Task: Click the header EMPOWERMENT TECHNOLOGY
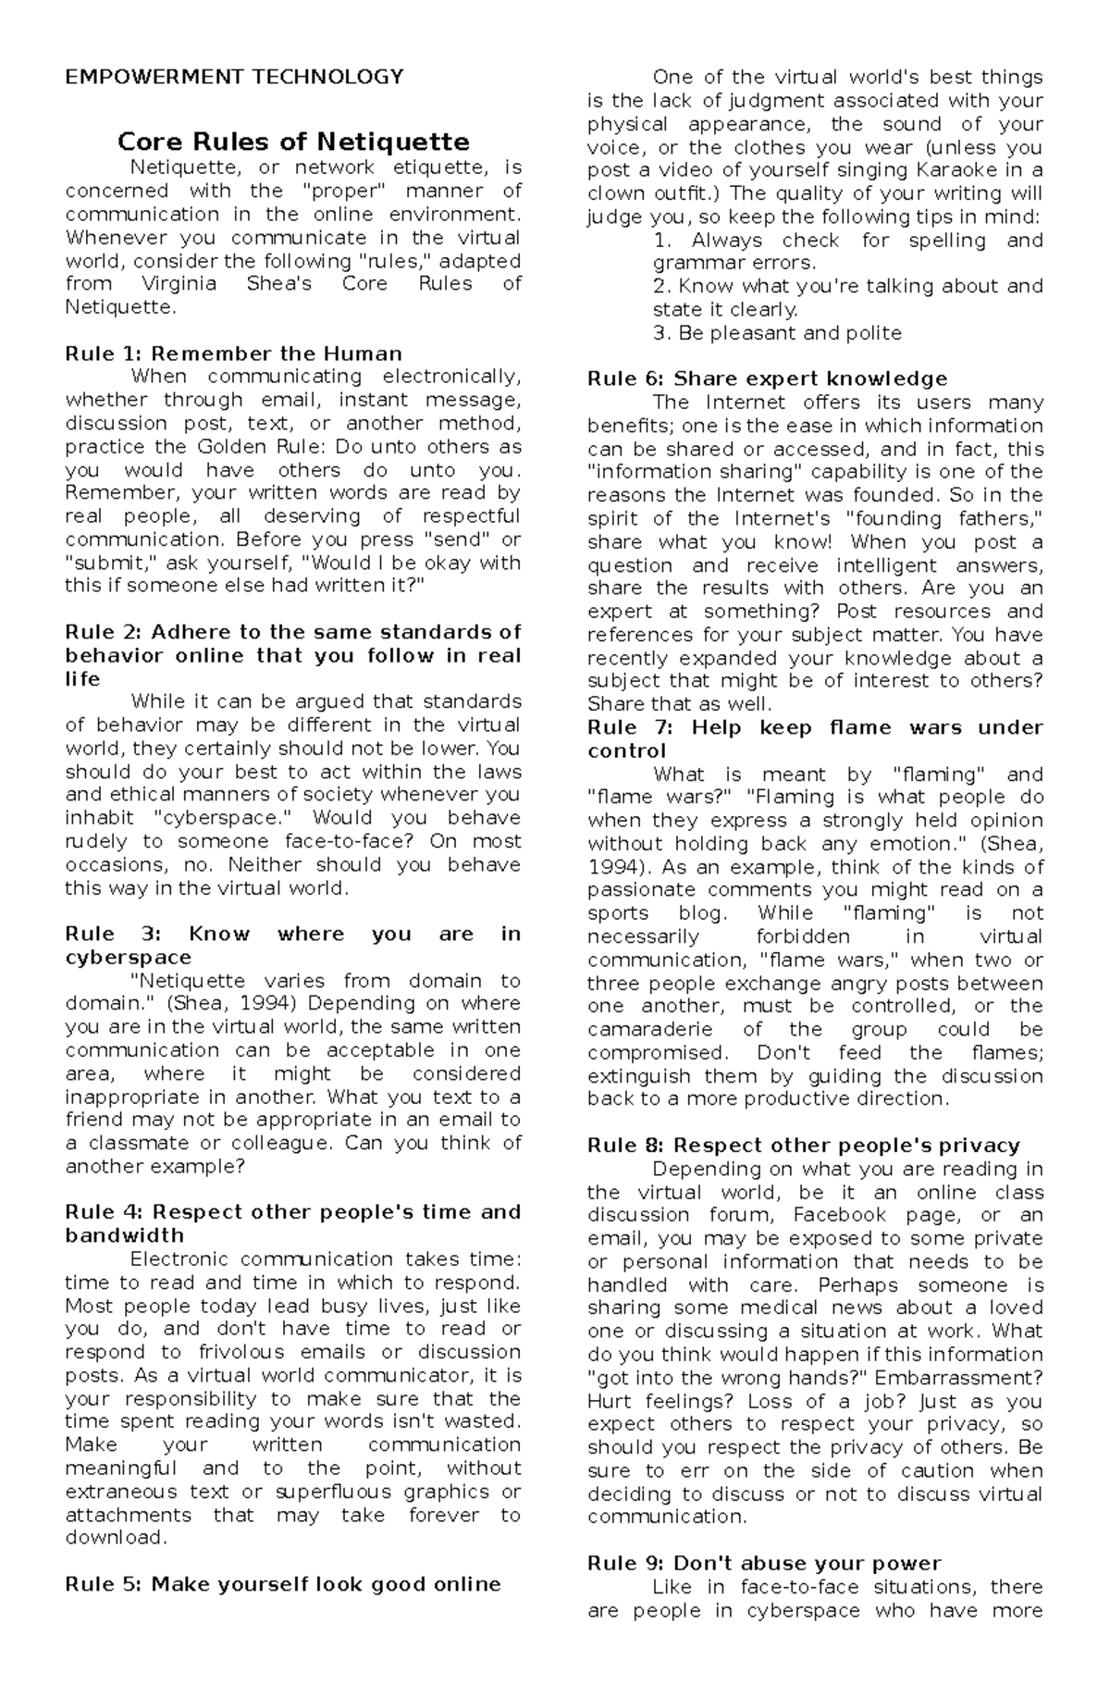tap(234, 77)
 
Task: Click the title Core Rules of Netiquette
tap(293, 142)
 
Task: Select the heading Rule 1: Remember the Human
tap(233, 353)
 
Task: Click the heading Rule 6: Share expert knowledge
tap(767, 378)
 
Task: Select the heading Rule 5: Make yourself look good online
tap(282, 1583)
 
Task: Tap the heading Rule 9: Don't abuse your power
tap(763, 1563)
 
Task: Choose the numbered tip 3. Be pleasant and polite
tap(776, 333)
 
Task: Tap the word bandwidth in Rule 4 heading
tap(124, 1235)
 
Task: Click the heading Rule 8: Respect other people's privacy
tap(803, 1146)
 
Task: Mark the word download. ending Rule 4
tap(117, 1537)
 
